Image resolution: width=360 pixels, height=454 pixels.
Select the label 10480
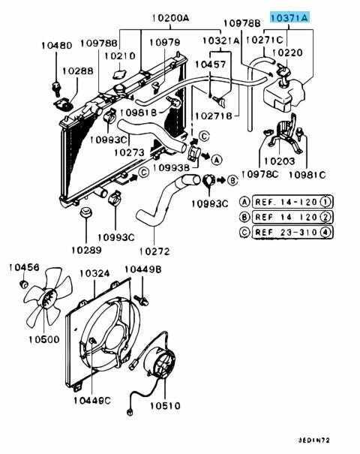pyautogui.click(x=56, y=46)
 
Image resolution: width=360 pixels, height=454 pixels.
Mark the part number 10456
pyautogui.click(x=22, y=268)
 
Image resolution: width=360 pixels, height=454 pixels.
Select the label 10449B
pyautogui.click(x=142, y=270)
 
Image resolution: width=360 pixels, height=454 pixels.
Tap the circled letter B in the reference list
pyautogui.click(x=244, y=217)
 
